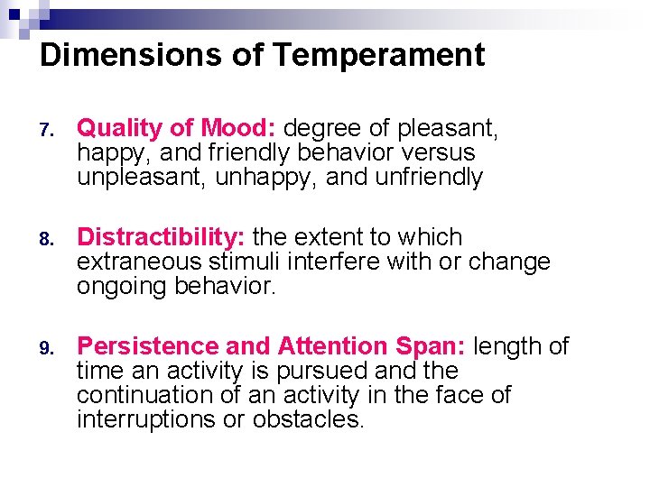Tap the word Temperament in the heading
[378, 56]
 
